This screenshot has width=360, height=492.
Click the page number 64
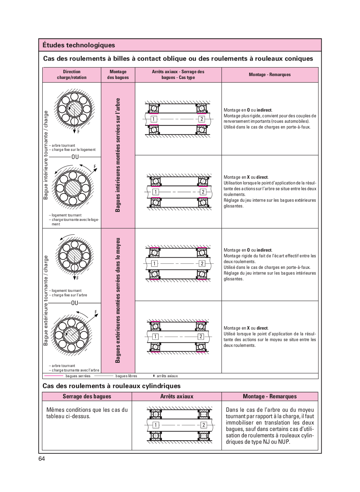click(42, 459)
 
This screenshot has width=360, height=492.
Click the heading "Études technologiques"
click(78, 45)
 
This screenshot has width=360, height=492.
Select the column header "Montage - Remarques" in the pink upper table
click(270, 74)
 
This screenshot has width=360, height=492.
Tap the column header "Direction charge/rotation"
click(72, 74)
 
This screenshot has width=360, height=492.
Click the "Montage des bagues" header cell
click(118, 74)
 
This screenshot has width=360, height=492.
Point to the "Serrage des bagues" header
click(87, 396)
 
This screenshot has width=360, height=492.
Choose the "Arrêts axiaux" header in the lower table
click(177, 396)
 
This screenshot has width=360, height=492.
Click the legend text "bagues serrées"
click(78, 376)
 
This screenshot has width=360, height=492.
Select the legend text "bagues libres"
click(126, 376)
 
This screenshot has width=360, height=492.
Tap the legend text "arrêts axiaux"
click(167, 376)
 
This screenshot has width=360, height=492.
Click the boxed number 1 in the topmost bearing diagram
click(154, 119)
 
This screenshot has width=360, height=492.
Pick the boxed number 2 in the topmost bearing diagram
click(202, 119)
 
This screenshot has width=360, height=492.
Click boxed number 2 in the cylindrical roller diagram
click(204, 425)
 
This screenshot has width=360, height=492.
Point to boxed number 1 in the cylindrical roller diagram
click(156, 425)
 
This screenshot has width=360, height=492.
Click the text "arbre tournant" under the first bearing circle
click(63, 145)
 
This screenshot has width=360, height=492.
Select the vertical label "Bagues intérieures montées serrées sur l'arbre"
click(118, 155)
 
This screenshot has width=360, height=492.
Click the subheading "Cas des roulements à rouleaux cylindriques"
click(111, 386)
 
